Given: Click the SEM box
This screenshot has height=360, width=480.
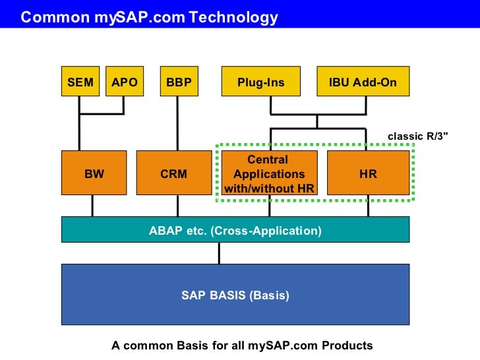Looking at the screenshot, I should [x=80, y=82].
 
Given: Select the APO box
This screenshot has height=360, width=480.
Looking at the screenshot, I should [x=124, y=82].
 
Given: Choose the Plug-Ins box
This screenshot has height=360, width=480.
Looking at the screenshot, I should [x=261, y=82].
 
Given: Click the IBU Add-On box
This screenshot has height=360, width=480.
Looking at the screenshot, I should [x=363, y=82].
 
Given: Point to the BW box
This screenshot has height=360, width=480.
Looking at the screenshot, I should [x=94, y=173].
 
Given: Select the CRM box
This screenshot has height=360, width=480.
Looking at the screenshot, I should [x=173, y=173].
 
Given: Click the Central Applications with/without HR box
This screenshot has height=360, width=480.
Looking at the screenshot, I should [x=269, y=173].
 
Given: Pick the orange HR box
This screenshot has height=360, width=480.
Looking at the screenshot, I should [x=368, y=173].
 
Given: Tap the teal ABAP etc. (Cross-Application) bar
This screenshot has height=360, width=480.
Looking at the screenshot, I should [x=235, y=230].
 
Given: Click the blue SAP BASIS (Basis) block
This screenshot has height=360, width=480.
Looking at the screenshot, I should [x=235, y=295].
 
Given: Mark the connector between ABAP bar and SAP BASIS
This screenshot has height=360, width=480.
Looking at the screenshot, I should [x=220, y=253].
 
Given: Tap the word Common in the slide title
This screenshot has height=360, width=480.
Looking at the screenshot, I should [x=50, y=17].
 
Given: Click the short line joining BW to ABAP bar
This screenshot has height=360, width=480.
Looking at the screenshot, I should [x=92, y=206].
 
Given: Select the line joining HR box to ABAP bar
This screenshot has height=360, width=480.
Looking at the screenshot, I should [x=368, y=206].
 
